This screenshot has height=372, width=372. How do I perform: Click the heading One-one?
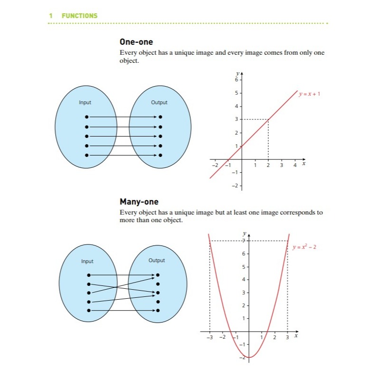click(136, 42)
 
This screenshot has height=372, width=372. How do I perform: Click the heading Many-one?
click(139, 202)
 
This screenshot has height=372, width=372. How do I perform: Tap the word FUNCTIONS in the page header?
click(79, 16)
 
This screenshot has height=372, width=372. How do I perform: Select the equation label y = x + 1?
click(309, 94)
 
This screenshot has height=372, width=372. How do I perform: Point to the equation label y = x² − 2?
click(305, 247)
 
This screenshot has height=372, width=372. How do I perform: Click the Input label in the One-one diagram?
click(85, 102)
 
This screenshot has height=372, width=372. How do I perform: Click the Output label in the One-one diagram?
click(159, 102)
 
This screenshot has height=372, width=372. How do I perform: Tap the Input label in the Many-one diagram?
click(87, 261)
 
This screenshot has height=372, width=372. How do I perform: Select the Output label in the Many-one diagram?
click(157, 260)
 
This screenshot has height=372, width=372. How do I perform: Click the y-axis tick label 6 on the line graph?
click(237, 79)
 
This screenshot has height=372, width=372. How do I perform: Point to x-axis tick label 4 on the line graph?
click(294, 165)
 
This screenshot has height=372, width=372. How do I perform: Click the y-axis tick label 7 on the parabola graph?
click(243, 241)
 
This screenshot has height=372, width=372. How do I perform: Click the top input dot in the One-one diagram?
click(86, 117)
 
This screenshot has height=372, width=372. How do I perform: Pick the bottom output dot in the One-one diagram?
click(160, 155)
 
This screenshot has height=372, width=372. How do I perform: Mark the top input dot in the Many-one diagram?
click(88, 275)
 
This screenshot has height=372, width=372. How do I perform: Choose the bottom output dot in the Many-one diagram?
click(158, 310)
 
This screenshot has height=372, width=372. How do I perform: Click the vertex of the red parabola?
click(249, 357)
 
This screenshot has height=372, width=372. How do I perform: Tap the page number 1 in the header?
click(51, 16)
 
